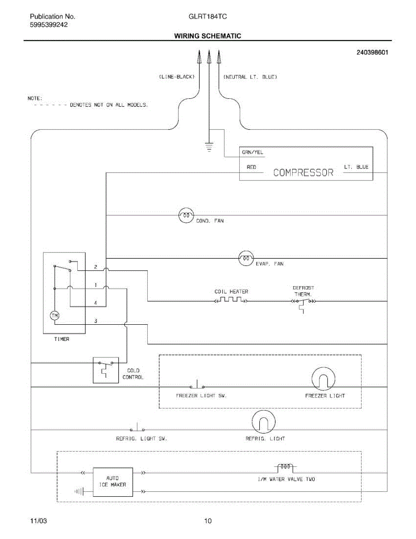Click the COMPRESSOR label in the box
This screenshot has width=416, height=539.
303,172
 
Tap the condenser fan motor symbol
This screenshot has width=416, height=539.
186,215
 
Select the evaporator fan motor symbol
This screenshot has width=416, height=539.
246,258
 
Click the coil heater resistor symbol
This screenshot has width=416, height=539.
231,300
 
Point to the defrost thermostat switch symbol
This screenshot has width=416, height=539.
303,304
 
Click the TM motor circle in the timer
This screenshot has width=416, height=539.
54,316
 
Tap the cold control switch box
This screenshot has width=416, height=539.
106,370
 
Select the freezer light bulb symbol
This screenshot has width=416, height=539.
324,379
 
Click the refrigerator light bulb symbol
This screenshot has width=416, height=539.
263,422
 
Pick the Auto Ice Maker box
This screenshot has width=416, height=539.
113,482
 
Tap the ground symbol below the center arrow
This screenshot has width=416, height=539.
210,147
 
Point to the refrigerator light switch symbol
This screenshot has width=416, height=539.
137,427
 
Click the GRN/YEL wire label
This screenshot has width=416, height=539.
253,152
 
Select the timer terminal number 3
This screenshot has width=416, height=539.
96,321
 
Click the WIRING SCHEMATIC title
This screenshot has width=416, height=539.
208,36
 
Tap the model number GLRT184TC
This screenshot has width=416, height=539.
208,17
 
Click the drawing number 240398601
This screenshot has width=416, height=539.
372,53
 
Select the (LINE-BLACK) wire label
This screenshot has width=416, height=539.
177,77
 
